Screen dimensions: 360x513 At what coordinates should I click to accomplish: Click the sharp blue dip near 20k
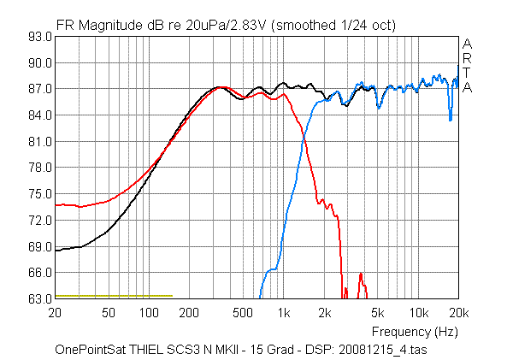point(451,119)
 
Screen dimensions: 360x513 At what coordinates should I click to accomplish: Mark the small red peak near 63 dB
point(361,274)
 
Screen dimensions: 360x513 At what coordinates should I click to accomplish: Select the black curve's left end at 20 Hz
point(56,251)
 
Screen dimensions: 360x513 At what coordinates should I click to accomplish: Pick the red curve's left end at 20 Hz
point(56,205)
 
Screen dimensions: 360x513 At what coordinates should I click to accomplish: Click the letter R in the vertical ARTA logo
point(466,57)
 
